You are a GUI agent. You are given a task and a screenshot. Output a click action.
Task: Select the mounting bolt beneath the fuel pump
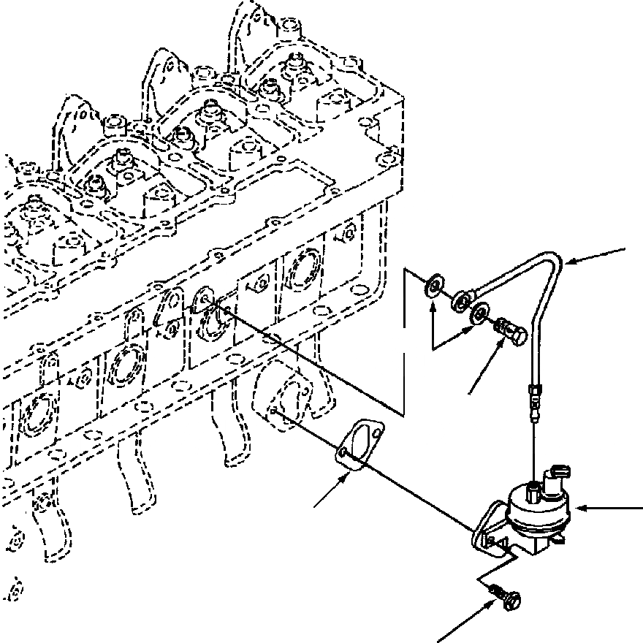509,595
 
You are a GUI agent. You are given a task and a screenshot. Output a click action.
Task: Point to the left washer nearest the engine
434,284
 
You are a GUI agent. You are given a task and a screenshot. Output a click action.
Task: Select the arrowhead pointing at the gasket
344,477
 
